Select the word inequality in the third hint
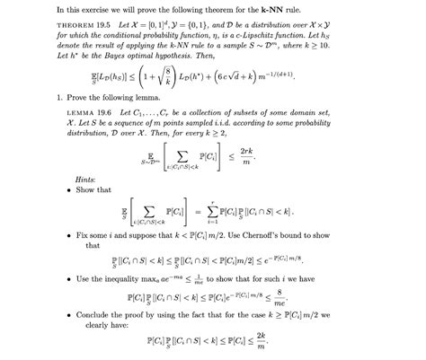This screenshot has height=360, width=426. (x=137, y=279)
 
